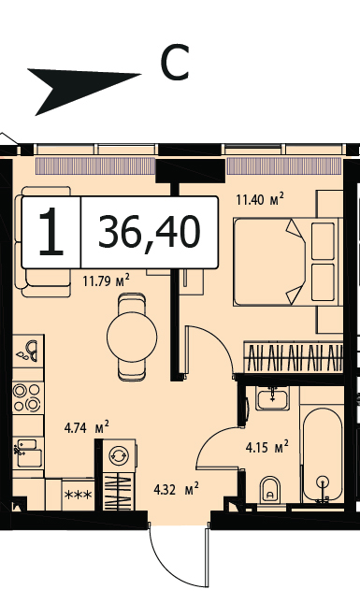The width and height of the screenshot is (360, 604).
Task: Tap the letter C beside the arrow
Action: point(175,62)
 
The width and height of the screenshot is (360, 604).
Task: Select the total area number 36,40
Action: point(150,232)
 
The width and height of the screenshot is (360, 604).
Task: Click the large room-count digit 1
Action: point(50,232)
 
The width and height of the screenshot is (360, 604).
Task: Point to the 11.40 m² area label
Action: point(260,199)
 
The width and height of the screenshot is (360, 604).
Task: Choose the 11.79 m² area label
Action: point(106,280)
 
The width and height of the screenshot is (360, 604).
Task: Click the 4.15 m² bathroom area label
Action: point(267,447)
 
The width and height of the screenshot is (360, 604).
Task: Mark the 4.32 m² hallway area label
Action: point(176,490)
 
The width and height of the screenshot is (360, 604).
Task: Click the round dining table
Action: point(132,337)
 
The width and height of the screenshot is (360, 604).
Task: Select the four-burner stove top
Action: point(27,397)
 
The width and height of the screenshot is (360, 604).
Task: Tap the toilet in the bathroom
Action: point(270,490)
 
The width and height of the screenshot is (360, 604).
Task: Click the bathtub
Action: point(323,455)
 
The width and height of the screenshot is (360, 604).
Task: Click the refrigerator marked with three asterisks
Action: point(79,495)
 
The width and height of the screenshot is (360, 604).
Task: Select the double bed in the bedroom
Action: point(288,262)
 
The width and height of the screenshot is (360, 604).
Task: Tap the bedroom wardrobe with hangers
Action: point(294,357)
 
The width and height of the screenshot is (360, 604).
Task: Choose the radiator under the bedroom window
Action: point(284,166)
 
